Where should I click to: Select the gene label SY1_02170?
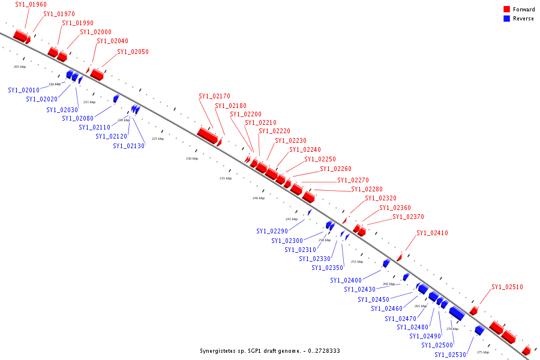click(214, 96)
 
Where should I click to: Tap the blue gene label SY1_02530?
click(451, 355)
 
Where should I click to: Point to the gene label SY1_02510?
click(507, 287)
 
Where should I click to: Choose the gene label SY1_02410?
click(432, 233)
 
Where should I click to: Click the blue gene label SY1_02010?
click(24, 90)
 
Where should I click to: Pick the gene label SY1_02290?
click(272, 231)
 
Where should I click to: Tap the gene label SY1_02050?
click(133, 52)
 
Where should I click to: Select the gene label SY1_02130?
click(128, 146)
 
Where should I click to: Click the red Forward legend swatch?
click(507, 9)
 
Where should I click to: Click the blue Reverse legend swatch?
click(507, 19)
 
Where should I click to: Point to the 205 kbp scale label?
click(20, 67)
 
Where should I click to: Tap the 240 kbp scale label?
click(258, 198)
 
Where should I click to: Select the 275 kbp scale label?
click(483, 352)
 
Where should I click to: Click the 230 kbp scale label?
click(191, 158)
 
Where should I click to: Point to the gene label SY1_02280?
click(367, 189)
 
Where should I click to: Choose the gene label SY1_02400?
click(346, 280)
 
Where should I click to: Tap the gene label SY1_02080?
click(77, 118)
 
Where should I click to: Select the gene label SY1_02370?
click(408, 217)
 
